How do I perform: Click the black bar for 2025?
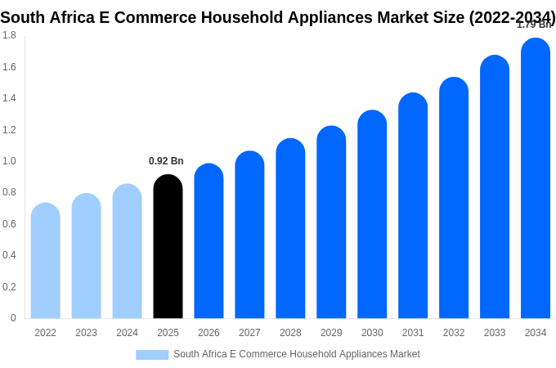(168, 247)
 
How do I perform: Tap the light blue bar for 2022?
(46, 261)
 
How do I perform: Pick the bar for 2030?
(372, 214)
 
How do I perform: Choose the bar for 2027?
(249, 235)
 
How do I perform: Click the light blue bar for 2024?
(127, 251)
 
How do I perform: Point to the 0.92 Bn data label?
(166, 161)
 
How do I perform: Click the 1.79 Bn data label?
(533, 25)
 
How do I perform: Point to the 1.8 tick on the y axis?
(9, 35)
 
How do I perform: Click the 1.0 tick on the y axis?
(9, 161)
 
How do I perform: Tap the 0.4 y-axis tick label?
(9, 255)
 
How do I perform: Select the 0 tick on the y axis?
(13, 318)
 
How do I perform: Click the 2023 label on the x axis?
(86, 333)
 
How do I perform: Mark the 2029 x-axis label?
(331, 333)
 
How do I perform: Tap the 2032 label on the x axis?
(454, 333)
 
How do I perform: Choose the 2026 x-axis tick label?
(208, 333)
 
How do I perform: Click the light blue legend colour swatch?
(152, 355)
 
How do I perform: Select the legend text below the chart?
(296, 354)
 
